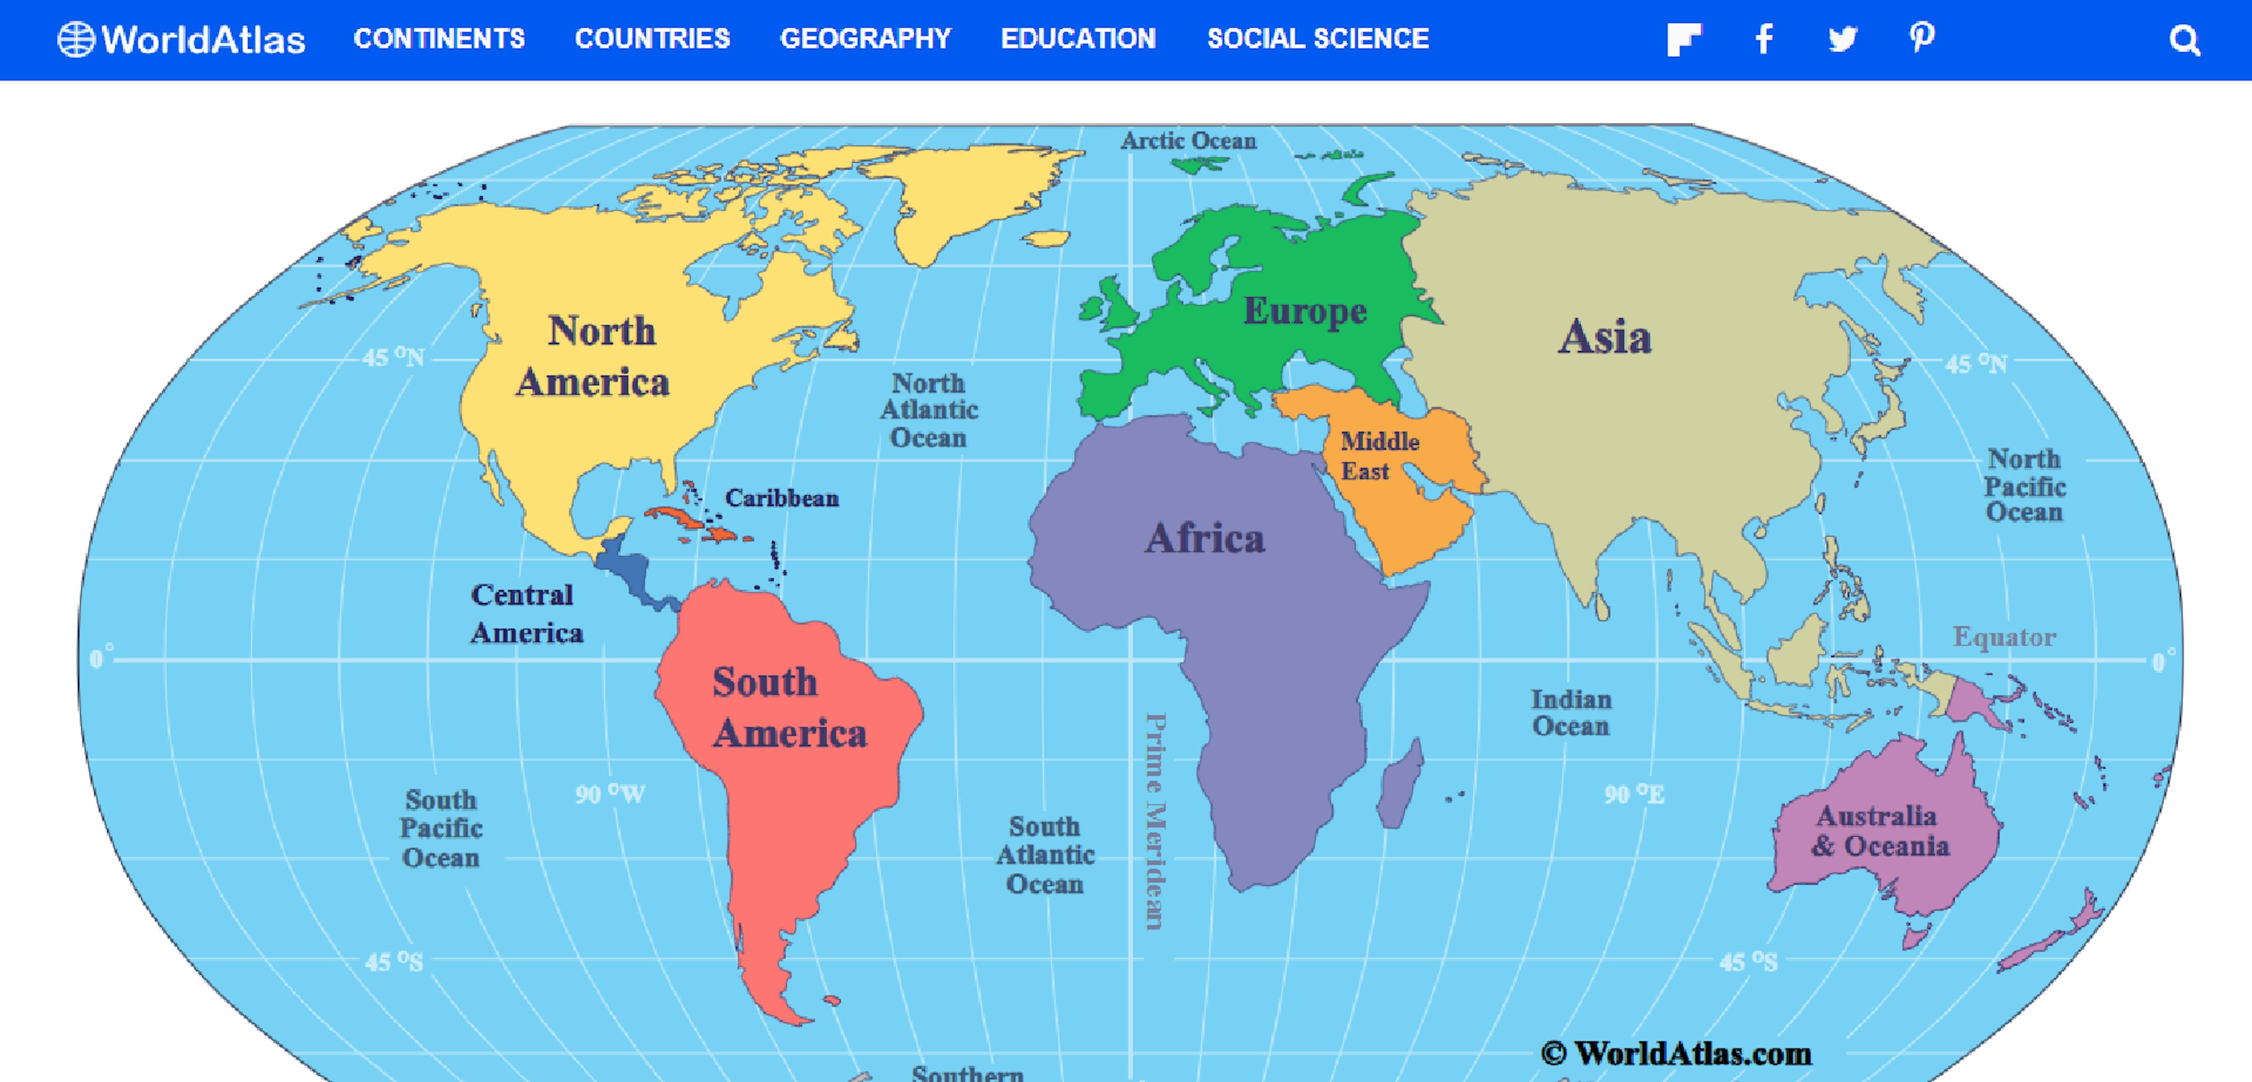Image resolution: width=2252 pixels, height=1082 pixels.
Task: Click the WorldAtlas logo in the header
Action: pyautogui.click(x=182, y=39)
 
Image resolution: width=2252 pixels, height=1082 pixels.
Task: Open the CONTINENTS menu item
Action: pyautogui.click(x=439, y=39)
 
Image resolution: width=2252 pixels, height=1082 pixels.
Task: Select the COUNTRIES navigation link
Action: pyautogui.click(x=652, y=39)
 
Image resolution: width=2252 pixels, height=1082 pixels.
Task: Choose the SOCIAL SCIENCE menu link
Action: pyautogui.click(x=1317, y=39)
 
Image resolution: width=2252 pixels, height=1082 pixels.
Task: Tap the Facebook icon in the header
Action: pyautogui.click(x=1764, y=39)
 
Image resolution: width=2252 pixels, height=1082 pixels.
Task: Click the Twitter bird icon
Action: pyautogui.click(x=1843, y=39)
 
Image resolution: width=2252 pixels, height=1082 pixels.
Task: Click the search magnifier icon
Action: pyautogui.click(x=2184, y=40)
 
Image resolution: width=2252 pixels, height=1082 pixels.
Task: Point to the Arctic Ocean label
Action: pyautogui.click(x=1188, y=141)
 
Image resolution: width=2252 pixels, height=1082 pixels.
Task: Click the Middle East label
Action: pyautogui.click(x=1379, y=455)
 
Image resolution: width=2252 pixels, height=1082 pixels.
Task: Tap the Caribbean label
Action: pyautogui.click(x=782, y=498)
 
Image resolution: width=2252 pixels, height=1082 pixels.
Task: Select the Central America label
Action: pyautogui.click(x=525, y=614)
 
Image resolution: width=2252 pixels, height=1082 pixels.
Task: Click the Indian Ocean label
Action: pyautogui.click(x=1570, y=712)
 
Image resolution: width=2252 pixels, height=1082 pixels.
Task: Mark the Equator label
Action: pyautogui.click(x=2004, y=637)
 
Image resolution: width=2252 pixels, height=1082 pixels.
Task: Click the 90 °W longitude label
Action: pyautogui.click(x=609, y=794)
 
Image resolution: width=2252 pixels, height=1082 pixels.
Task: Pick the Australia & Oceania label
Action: pyautogui.click(x=1880, y=831)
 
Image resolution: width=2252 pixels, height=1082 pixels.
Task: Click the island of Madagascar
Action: pyautogui.click(x=1400, y=784)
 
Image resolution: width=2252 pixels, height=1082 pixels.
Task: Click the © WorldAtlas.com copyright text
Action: pyautogui.click(x=1676, y=1053)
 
